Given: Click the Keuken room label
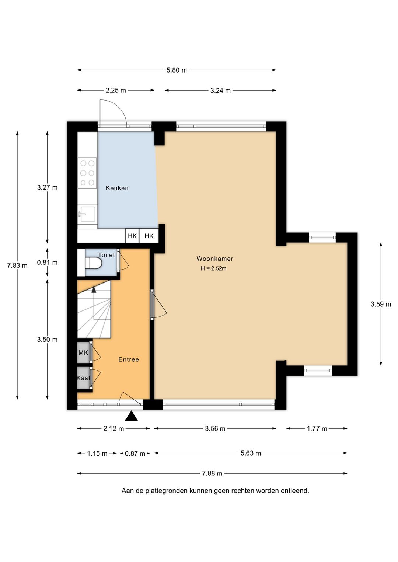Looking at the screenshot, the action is coord(117,188).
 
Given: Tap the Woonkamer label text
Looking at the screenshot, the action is coord(215,259).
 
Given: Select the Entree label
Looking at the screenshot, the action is coord(129,359).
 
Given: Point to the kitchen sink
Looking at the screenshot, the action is coord(87,214).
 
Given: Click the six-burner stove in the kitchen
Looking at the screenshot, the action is coord(87,173).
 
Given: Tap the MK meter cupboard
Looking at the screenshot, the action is coord(83,352).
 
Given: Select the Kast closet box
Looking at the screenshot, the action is coord(83,378).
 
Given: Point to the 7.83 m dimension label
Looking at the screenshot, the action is coord(17,266).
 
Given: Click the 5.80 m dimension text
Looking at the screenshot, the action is coord(177,70).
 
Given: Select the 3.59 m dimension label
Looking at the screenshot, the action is coord(381,304).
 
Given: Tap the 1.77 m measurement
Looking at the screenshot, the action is coord(317,429).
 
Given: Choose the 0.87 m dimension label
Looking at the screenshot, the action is coord(135,453).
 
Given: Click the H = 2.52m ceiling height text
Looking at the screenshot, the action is coord(213,268).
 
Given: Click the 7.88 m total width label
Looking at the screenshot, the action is coord(212,474).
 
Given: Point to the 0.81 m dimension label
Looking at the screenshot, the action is coord(47,263).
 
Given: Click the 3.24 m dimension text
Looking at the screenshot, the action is coord(220,91).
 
